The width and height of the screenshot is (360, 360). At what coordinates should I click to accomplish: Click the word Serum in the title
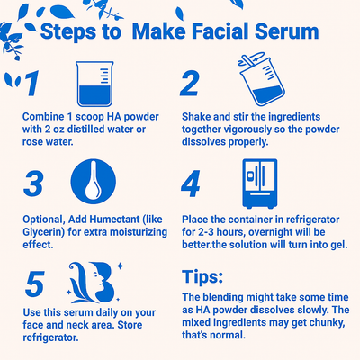(283, 31)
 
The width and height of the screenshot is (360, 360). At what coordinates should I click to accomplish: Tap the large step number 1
(31, 84)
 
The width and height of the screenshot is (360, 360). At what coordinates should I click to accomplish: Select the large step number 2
(190, 84)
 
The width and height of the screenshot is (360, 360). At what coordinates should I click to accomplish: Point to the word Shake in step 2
(196, 118)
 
